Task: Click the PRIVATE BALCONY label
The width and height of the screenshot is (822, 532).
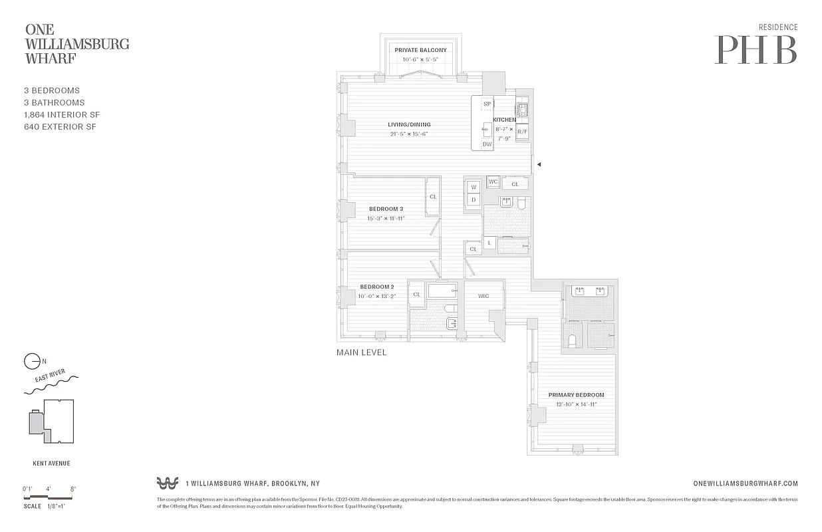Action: pos(420,50)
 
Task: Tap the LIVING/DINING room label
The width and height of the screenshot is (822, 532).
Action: pos(409,124)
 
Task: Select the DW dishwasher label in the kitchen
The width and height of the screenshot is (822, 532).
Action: pos(487,144)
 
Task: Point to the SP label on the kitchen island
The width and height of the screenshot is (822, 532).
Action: pos(487,104)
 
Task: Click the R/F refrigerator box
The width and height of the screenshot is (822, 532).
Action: pos(523,132)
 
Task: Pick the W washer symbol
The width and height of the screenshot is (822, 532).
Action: pos(474,188)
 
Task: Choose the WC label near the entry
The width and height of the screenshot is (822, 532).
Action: pos(493,182)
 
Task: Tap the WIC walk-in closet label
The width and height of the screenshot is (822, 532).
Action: pos(483,296)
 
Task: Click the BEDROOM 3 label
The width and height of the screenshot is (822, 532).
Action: pos(386,209)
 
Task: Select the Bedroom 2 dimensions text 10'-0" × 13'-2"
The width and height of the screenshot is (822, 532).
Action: pos(377,296)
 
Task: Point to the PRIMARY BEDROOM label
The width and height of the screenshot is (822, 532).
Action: pos(576,395)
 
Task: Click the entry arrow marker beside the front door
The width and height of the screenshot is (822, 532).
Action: pos(539,164)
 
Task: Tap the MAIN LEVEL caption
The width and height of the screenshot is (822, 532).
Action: pos(361,352)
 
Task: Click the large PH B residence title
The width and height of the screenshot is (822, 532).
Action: pos(755,49)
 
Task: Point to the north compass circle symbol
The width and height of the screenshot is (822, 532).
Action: pos(31,362)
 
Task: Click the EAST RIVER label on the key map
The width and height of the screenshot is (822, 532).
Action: pos(51,379)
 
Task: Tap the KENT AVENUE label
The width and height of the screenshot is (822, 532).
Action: pos(51,464)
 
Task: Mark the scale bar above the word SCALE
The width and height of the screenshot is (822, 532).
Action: pos(50,496)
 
